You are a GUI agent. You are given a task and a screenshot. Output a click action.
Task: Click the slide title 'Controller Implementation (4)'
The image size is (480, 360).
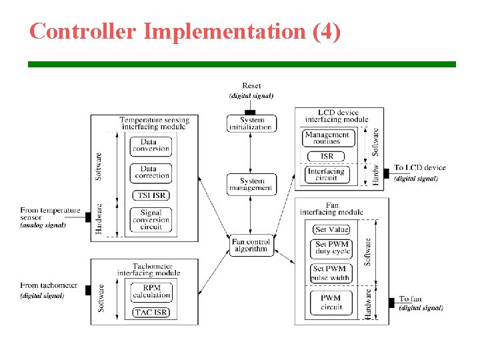(x=185, y=31)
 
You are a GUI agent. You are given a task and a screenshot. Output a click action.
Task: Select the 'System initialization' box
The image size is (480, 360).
(x=251, y=123)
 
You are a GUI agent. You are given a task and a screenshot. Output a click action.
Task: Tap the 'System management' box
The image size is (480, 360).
(x=251, y=184)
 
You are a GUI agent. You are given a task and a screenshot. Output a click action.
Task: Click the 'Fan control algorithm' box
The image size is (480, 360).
(x=251, y=245)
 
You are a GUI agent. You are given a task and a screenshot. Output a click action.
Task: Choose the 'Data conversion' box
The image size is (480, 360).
(x=151, y=145)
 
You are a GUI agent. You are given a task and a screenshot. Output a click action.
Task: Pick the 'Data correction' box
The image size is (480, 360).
(x=151, y=172)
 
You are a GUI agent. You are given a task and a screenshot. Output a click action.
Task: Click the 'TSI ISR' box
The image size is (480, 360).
(x=151, y=195)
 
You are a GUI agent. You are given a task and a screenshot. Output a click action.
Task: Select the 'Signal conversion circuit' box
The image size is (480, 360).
(x=151, y=220)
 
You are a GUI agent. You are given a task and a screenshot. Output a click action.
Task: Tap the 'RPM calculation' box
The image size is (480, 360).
(x=151, y=291)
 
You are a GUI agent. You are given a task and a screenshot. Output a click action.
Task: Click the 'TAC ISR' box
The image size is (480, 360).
(x=151, y=312)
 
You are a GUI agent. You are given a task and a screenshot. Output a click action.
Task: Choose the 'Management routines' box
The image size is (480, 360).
(x=327, y=138)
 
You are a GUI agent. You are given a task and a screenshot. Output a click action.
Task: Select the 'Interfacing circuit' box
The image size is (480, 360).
(x=327, y=175)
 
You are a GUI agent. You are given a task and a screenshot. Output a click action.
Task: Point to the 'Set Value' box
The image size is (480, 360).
(x=331, y=229)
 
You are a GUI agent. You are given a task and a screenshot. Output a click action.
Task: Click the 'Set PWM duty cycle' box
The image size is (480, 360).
(x=331, y=249)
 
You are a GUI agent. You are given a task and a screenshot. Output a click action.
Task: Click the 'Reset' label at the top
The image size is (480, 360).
(x=251, y=85)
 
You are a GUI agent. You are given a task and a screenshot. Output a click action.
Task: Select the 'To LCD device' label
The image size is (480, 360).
(x=419, y=167)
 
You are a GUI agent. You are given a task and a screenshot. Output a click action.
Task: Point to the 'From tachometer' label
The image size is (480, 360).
(x=49, y=285)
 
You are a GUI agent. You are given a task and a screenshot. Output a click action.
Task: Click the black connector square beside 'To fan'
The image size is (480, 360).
(x=391, y=303)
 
